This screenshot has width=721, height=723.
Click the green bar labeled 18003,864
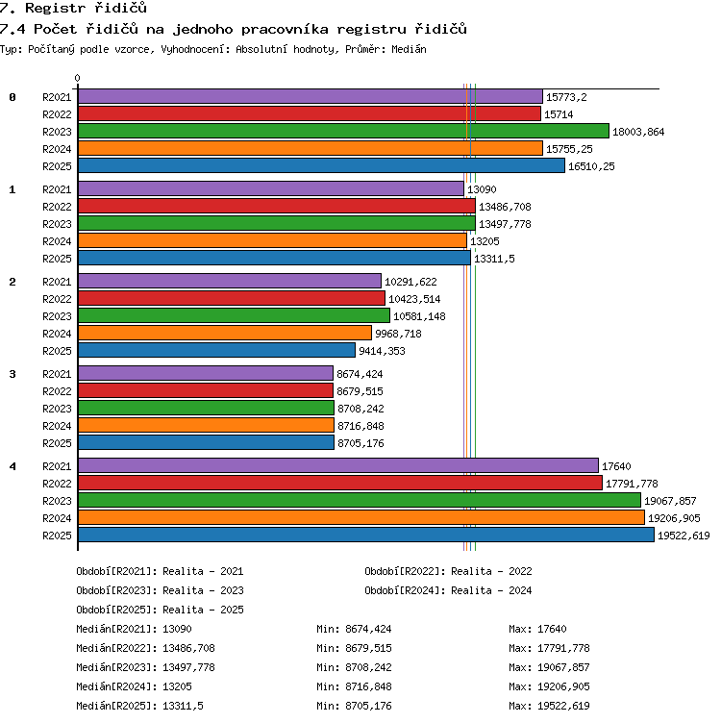tap(343, 132)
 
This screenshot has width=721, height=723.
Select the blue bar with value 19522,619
tap(366, 535)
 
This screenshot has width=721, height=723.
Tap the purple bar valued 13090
tap(271, 189)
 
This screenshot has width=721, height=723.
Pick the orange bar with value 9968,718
tap(225, 333)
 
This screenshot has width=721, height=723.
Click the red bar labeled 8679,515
tap(206, 391)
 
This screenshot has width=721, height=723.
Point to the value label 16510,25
tap(591, 166)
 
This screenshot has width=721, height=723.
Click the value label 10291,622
tap(410, 282)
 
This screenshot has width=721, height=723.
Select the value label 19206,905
tap(674, 518)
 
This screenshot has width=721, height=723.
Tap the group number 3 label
tap(12, 374)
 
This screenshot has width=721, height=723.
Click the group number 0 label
tap(12, 97)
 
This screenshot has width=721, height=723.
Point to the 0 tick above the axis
tap(77, 78)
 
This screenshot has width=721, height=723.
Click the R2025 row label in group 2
tap(57, 351)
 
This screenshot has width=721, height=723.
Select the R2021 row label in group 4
tap(57, 466)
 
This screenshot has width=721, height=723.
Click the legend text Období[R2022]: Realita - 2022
tap(448, 571)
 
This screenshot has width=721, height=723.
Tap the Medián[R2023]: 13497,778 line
tap(146, 667)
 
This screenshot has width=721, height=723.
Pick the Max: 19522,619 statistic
tap(549, 706)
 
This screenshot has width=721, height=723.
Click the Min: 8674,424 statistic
tap(354, 629)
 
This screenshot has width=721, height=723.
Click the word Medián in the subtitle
tap(409, 49)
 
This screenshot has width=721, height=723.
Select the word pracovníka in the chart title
tap(285, 29)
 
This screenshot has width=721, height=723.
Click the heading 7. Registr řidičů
tap(73, 8)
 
